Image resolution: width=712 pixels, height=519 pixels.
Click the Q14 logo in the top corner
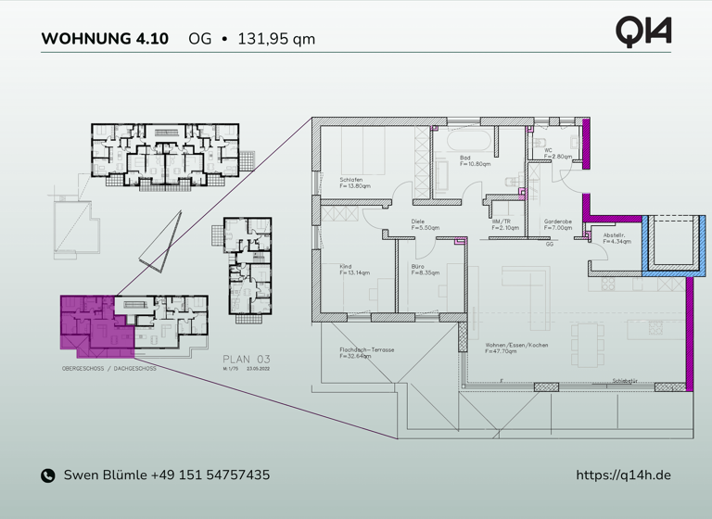[x=643, y=32]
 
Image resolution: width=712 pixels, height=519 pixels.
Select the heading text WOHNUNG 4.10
[x=105, y=39]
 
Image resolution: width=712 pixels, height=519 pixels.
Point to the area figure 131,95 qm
[x=276, y=39]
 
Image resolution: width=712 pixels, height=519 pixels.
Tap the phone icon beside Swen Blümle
[x=48, y=475]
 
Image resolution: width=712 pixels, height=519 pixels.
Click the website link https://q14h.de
[x=623, y=475]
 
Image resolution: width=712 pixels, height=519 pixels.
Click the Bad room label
[x=465, y=158]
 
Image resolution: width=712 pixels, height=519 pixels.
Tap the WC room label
[x=549, y=150]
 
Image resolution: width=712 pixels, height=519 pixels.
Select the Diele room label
[x=418, y=222]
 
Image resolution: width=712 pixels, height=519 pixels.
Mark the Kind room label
[x=346, y=267]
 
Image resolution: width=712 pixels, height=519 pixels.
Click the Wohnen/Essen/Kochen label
[x=516, y=345]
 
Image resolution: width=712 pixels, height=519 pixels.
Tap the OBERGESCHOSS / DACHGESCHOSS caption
[x=108, y=368]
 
